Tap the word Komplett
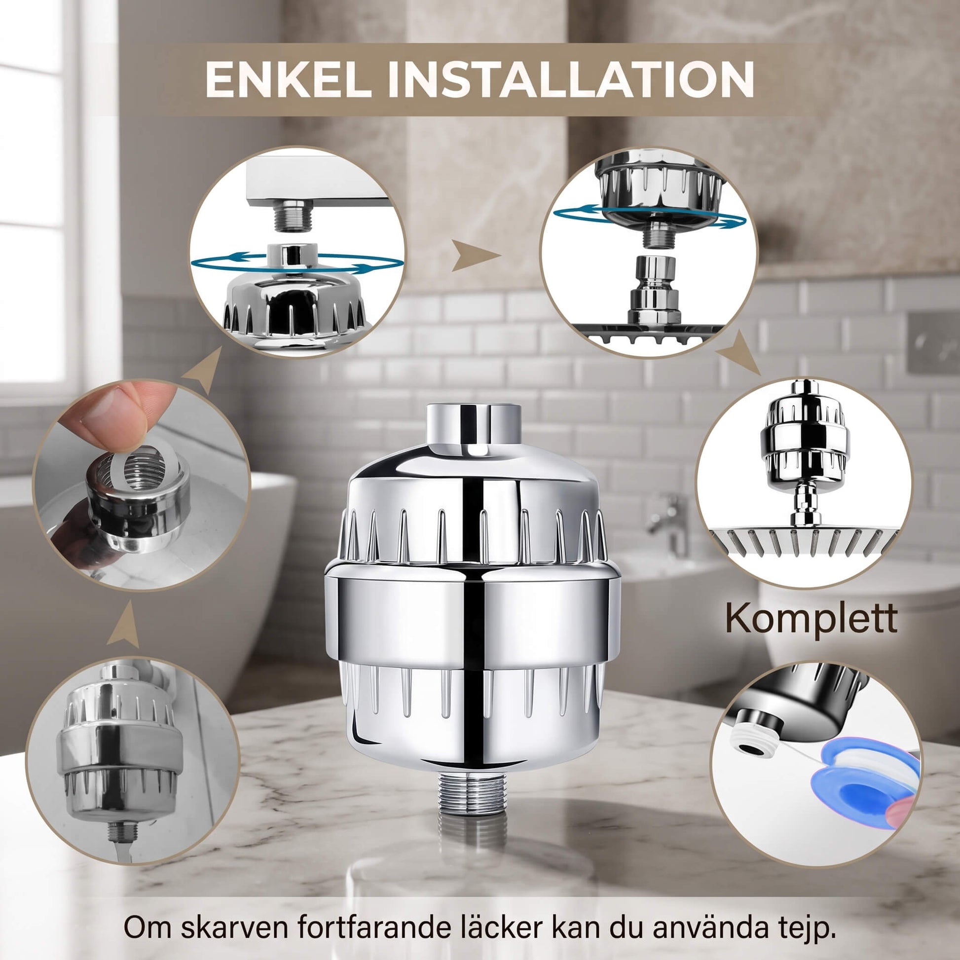point(812,619)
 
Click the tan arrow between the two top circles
point(476,256)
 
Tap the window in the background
point(37,199)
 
